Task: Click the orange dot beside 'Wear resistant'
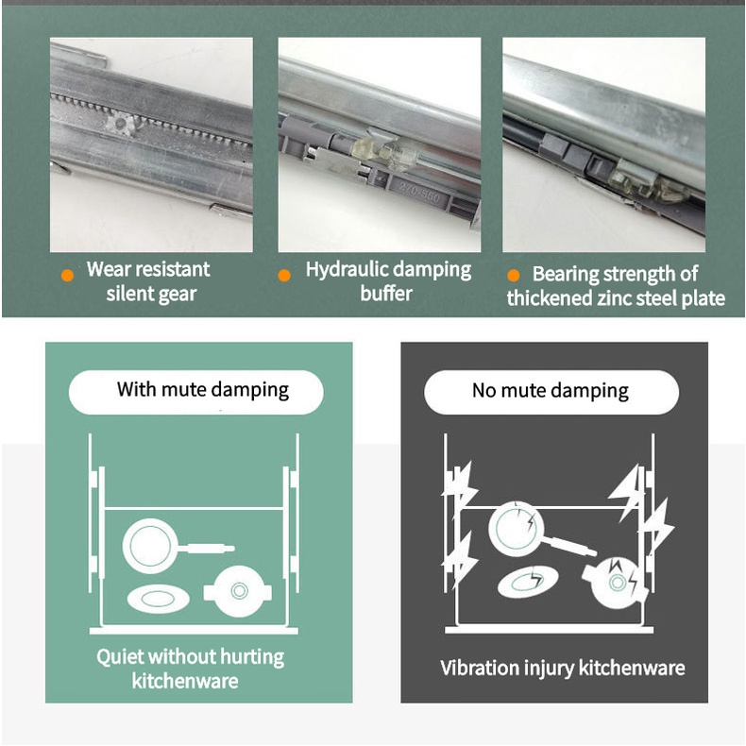[68, 275]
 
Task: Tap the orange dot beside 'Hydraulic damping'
[284, 275]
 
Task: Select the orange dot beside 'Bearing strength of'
[514, 275]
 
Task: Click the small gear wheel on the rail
[121, 124]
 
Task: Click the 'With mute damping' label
[203, 390]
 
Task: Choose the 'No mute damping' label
[551, 391]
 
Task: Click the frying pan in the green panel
[177, 546]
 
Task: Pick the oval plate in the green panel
[158, 599]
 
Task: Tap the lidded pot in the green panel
[238, 591]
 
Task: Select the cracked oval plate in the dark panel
[528, 582]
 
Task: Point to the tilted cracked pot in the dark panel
[615, 583]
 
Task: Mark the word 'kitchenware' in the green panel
[185, 681]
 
